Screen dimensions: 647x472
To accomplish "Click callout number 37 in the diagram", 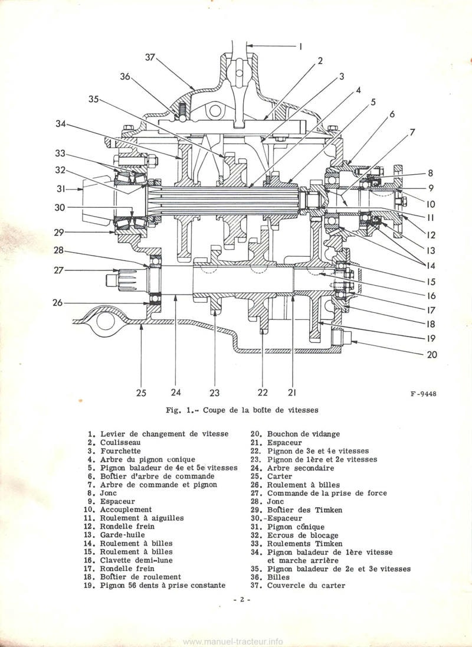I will (x=149, y=58).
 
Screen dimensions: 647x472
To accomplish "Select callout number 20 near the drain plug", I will (x=432, y=354).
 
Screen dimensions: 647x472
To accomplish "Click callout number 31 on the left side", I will (x=61, y=189).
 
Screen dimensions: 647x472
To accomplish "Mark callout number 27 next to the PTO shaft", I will (x=58, y=270).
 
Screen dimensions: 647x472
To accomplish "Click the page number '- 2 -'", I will (x=242, y=599).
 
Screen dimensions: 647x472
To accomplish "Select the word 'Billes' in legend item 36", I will (x=278, y=577).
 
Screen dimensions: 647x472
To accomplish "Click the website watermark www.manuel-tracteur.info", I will (x=235, y=639).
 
